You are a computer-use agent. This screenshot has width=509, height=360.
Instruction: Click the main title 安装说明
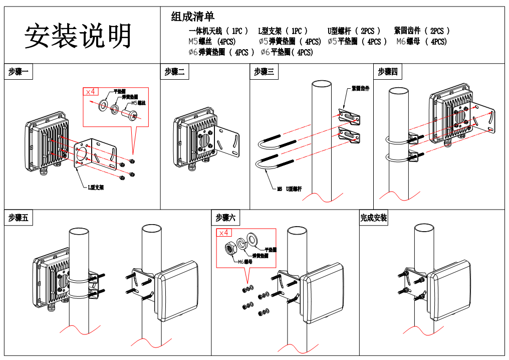79,36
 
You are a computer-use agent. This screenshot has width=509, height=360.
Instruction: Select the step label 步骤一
19,72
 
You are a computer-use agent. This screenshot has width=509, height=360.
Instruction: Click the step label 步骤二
175,72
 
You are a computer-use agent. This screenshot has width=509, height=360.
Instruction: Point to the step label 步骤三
264,72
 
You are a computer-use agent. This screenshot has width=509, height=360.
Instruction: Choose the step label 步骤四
388,72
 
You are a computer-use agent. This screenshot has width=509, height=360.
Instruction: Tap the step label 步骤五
19,218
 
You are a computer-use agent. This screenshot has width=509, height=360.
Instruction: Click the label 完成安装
374,218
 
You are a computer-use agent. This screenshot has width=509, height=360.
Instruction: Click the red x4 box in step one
91,92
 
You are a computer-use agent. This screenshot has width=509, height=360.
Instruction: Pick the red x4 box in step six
224,233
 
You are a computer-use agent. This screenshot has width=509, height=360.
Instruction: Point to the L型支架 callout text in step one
96,188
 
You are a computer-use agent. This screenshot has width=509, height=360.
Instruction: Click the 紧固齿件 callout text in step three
360,89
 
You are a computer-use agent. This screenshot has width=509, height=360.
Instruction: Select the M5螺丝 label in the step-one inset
138,103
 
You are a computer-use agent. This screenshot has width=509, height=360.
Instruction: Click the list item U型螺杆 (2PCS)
354,31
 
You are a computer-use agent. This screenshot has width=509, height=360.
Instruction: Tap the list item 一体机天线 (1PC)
218,31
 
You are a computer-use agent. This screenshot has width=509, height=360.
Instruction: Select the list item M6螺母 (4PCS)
421,42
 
